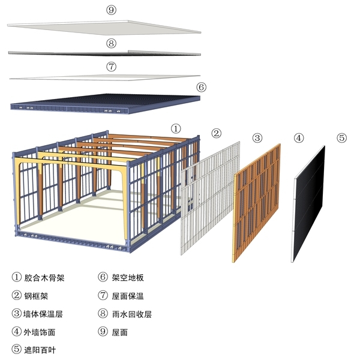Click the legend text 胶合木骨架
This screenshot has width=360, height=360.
44,278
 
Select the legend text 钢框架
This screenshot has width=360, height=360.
36,296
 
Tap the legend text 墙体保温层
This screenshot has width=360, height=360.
43,314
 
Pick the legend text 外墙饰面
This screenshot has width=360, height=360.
40,332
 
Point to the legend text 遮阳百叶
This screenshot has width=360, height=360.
40,350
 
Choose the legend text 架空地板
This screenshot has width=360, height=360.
128,278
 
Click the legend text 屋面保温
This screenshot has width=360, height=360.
128,296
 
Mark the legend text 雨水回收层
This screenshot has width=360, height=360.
132,314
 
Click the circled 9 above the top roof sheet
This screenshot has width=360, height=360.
111,10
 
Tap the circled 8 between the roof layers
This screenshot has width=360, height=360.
111,43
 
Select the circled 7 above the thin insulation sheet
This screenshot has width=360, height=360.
111,67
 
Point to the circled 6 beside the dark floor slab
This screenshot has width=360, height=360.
201,87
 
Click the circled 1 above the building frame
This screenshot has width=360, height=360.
176,128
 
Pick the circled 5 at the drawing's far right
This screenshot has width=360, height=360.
341,138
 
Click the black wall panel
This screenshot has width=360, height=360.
308,204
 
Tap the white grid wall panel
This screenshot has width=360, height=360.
210,198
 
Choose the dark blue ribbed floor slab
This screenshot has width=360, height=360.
106,103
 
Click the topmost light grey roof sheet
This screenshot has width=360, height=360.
104,28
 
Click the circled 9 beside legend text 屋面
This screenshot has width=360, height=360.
103,332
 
